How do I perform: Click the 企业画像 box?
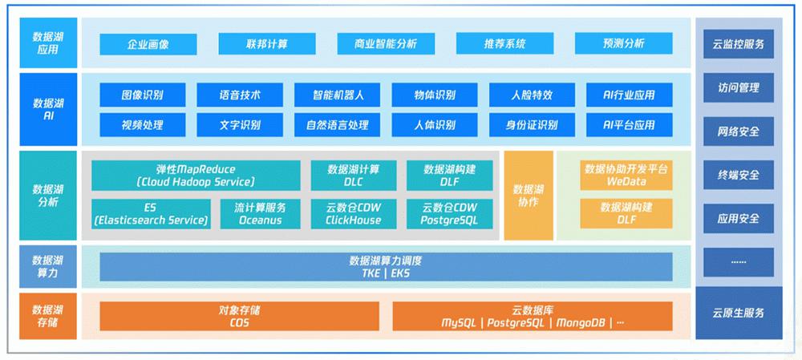(148, 44)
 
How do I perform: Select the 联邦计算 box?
(266, 44)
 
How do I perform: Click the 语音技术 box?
(239, 95)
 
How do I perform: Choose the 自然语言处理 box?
(337, 125)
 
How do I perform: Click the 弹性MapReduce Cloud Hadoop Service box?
(196, 176)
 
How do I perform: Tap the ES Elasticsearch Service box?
(151, 214)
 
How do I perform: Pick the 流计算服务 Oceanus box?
(259, 214)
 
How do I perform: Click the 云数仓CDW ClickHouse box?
(353, 214)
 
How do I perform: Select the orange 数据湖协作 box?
(529, 195)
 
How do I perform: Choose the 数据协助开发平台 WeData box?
(626, 176)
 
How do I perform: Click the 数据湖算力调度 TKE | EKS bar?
(386, 267)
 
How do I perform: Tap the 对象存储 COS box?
(239, 316)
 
